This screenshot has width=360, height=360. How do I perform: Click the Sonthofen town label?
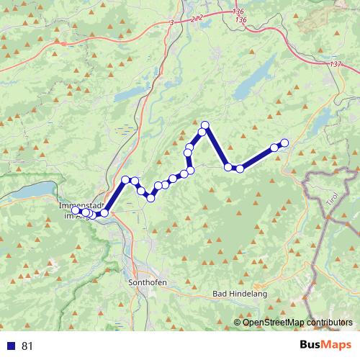click(147, 282)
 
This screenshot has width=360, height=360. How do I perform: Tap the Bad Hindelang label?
click(240, 294)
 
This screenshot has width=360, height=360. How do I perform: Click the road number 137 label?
click(335, 64)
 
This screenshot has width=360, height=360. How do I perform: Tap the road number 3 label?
click(172, 24)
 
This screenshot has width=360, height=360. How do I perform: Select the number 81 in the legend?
click(27, 346)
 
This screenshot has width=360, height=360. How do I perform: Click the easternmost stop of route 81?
click(284, 143)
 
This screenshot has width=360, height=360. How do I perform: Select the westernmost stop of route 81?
click(76, 210)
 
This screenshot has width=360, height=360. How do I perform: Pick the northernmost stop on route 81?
click(204, 125)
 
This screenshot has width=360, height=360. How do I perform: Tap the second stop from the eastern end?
click(274, 148)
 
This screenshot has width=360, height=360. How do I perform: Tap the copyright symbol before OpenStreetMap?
click(238, 322)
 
